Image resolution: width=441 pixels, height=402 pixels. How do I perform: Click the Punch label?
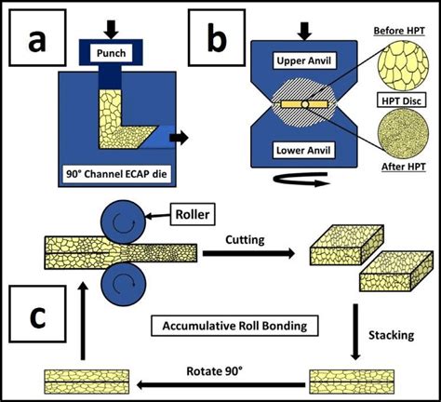click(x=111, y=53)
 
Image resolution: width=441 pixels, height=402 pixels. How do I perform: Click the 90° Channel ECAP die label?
click(x=117, y=174)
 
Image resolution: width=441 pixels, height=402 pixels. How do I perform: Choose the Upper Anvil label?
click(x=303, y=60)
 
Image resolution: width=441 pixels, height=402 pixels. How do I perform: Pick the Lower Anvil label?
click(x=303, y=151)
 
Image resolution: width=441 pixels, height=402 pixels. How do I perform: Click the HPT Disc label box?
click(x=402, y=100)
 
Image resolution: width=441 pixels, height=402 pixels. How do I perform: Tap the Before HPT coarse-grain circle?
click(x=403, y=63)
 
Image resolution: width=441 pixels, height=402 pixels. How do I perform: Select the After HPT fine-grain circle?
click(x=403, y=134)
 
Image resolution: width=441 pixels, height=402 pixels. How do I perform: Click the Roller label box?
click(x=193, y=214)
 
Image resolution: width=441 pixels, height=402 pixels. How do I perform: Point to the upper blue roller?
click(x=124, y=222)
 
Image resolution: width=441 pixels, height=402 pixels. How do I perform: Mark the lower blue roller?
click(x=124, y=284)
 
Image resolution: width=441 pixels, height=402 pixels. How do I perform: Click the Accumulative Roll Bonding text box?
click(x=234, y=326)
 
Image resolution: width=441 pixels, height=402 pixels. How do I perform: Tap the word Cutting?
click(x=245, y=240)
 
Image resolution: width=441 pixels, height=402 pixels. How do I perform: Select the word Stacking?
click(x=392, y=335)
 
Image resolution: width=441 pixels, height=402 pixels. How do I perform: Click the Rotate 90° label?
click(x=214, y=371)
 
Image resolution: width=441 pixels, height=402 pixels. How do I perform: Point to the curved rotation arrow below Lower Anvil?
click(x=301, y=180)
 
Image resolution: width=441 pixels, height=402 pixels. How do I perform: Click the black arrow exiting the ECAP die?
click(x=179, y=137)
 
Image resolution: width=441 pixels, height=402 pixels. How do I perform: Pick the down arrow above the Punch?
click(x=111, y=30)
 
